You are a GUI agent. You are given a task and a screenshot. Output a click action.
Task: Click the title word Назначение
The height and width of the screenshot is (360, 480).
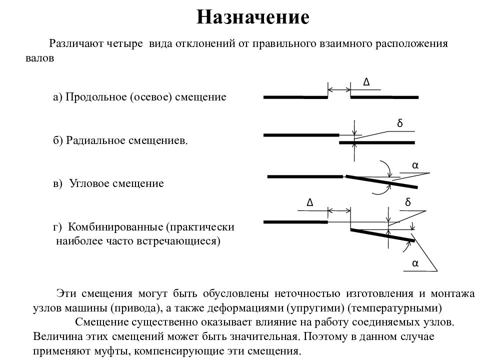point(252,17)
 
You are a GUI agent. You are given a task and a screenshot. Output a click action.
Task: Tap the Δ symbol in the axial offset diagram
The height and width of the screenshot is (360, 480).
point(366,82)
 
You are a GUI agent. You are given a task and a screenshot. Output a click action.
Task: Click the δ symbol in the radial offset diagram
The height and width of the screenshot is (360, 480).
point(400,123)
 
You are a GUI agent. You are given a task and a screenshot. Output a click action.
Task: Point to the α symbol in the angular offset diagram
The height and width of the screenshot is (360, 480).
point(415,165)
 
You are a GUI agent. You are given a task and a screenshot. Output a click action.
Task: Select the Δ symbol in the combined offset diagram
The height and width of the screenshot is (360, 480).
point(310,202)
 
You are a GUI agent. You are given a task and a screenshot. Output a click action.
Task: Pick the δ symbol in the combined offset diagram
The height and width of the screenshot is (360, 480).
point(408,202)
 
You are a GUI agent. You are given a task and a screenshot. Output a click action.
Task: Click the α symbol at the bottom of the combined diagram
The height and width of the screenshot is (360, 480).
point(415,263)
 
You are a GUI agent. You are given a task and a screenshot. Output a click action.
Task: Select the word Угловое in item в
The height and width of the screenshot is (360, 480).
point(89,183)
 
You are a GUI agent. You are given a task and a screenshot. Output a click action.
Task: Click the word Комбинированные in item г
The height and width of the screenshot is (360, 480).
point(115,227)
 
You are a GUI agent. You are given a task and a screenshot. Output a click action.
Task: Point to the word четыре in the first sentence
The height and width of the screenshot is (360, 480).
point(125,44)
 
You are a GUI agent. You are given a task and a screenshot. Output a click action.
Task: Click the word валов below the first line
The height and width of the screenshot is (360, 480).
point(40,58)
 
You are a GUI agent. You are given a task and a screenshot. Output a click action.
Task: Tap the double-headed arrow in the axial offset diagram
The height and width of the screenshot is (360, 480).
point(339,89)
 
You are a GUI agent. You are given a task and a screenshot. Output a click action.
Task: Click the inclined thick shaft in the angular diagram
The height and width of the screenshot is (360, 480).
point(381,181)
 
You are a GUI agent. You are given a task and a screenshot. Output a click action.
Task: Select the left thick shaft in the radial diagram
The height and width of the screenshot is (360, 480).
point(301,135)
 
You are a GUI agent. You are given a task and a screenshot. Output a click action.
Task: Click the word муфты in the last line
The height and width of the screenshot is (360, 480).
point(112,351)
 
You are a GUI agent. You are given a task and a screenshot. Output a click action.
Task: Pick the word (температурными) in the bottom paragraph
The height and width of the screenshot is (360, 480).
point(395,307)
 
